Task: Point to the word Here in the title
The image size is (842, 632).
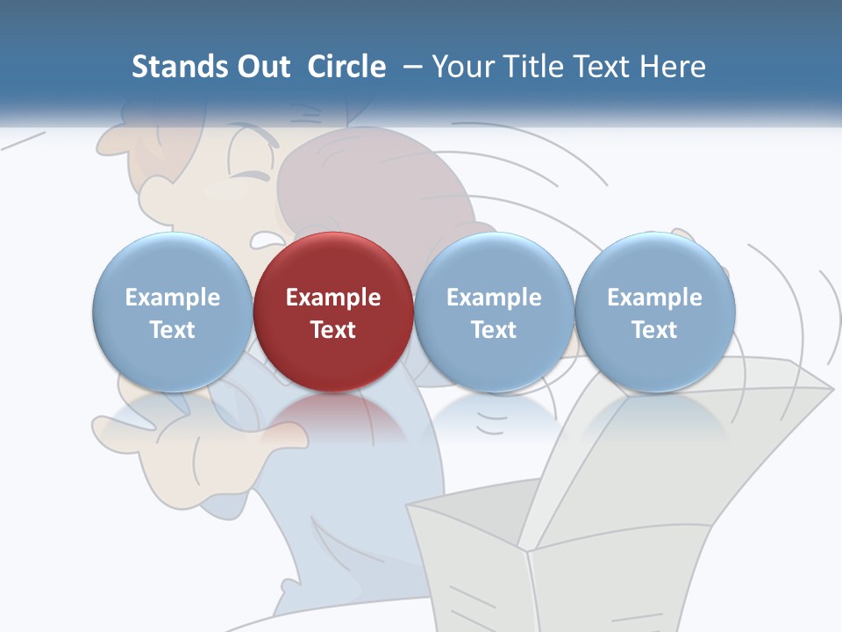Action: coord(674,67)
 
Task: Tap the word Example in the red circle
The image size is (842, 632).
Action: coord(333,298)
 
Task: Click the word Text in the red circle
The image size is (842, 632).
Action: coord(333,330)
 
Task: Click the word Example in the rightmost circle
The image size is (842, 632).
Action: coord(654,298)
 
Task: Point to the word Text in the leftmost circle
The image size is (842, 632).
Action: coord(172,330)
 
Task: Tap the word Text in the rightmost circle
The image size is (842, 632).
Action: coord(654,330)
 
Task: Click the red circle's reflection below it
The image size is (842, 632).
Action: coord(333,417)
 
